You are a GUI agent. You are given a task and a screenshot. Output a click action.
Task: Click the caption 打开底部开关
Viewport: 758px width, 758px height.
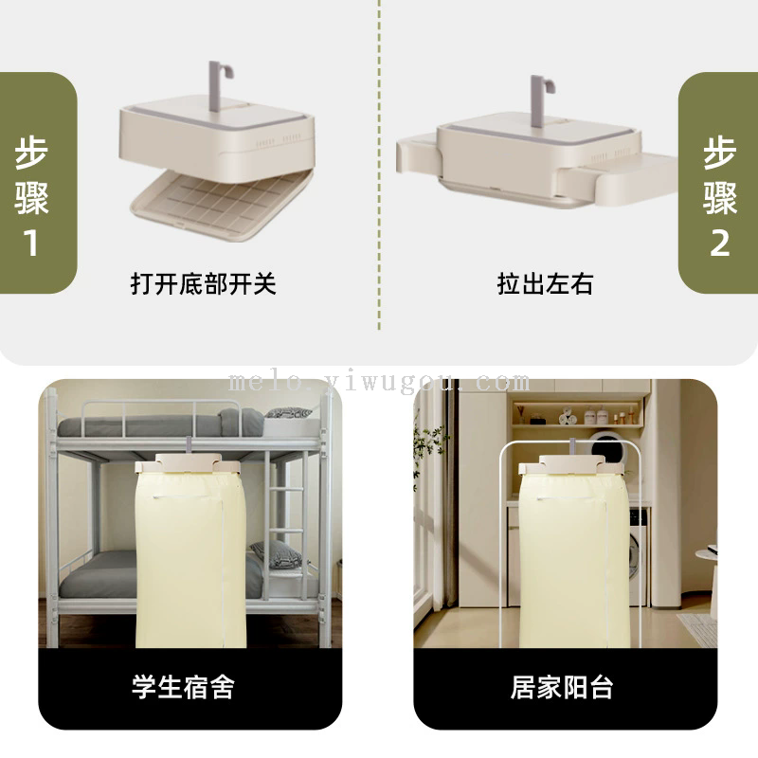pos(203,283)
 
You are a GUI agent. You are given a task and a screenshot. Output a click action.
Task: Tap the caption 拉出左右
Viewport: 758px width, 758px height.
pos(545,283)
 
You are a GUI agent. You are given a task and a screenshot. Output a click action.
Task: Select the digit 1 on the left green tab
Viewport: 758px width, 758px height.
pos(31,243)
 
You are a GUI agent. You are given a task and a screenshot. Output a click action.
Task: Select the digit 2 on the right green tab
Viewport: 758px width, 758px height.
pos(719,243)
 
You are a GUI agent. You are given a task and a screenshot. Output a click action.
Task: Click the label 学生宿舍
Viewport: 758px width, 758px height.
pos(183,686)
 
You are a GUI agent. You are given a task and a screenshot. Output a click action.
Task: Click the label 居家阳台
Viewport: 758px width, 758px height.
pos(562,686)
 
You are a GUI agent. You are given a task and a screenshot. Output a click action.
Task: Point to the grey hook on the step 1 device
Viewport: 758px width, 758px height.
pos(220,84)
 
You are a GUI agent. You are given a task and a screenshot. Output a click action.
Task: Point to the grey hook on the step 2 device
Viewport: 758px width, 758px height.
pos(541,100)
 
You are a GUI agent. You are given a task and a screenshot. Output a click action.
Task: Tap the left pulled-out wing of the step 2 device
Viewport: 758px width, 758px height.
pos(417,153)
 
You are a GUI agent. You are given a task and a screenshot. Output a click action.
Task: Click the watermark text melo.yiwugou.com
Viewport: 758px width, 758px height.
pos(379,383)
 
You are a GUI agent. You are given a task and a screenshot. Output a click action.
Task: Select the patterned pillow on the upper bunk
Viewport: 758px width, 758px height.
pos(288,413)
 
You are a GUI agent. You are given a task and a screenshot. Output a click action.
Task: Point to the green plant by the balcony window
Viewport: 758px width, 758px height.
pos(428,449)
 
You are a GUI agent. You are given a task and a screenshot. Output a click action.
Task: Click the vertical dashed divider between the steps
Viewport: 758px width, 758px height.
pos(379,164)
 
